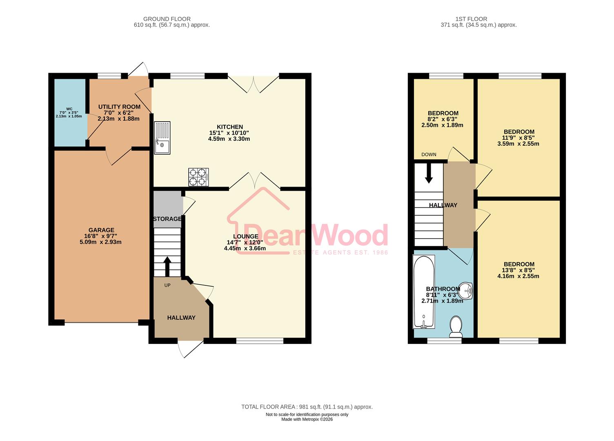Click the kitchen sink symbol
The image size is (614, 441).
tap(162, 138)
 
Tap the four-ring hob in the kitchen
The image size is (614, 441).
tap(198, 177)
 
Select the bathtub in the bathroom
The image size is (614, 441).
tap(424, 292)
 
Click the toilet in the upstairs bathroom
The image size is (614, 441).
tap(456, 327)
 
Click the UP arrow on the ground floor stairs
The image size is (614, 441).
tap(167, 266)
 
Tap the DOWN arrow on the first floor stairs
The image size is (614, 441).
tap(429, 173)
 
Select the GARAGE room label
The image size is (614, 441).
tap(101, 230)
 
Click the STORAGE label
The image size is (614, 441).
tap(167, 219)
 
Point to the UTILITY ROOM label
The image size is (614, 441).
tap(119, 107)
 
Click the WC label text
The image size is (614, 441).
tap(69, 109)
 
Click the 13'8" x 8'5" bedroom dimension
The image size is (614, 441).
tap(518, 270)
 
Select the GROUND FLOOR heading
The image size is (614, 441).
tap(167, 19)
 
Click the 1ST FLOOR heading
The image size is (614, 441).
tap(471, 19)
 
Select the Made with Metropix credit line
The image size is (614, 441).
tap(307, 419)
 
